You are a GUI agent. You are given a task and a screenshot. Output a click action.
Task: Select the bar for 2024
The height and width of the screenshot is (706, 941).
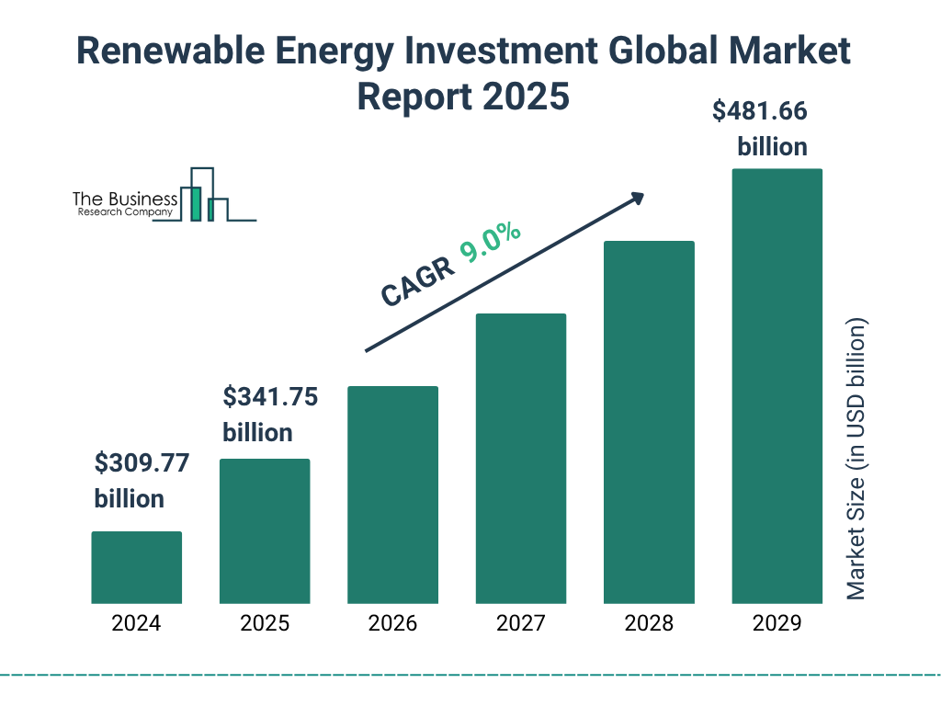pyautogui.click(x=136, y=567)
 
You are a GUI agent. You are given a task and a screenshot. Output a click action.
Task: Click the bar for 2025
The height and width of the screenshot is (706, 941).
pyautogui.click(x=265, y=530)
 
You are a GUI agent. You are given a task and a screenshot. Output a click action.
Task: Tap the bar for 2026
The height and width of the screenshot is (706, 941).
pyautogui.click(x=392, y=495)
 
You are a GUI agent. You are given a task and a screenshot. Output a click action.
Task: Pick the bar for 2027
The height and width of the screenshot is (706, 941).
pyautogui.click(x=520, y=458)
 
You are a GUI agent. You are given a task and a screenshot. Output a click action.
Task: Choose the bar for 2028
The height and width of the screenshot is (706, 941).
pyautogui.click(x=649, y=422)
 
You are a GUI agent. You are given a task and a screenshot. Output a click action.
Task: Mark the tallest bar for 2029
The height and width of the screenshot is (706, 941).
pyautogui.click(x=777, y=386)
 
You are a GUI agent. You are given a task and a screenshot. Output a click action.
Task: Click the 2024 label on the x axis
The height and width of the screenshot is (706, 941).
pyautogui.click(x=136, y=623)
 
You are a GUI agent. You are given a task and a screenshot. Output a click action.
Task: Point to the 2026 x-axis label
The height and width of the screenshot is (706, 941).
pyautogui.click(x=392, y=623)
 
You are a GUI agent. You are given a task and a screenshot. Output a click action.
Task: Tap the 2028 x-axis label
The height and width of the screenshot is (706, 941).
pyautogui.click(x=649, y=623)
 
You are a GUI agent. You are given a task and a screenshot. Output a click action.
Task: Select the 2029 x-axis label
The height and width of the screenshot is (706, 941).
pyautogui.click(x=777, y=623)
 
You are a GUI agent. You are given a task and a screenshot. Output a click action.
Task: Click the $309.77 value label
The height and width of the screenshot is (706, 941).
pyautogui.click(x=142, y=463)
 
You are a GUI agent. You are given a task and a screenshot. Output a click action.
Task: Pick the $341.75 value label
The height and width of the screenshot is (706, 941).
pyautogui.click(x=270, y=397)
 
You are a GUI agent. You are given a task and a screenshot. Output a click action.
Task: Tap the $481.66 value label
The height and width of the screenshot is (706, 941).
pyautogui.click(x=760, y=111)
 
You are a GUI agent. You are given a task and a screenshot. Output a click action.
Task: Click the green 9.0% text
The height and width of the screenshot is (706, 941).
pyautogui.click(x=491, y=243)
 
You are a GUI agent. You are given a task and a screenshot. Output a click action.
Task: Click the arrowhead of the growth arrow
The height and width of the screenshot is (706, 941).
pyautogui.click(x=636, y=198)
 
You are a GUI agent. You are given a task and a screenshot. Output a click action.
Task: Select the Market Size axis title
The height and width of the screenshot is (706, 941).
pyautogui.click(x=856, y=459)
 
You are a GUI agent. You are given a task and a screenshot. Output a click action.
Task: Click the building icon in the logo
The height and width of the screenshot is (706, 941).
pyautogui.click(x=204, y=195)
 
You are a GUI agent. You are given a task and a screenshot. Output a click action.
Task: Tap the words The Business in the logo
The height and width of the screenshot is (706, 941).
pyautogui.click(x=125, y=199)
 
